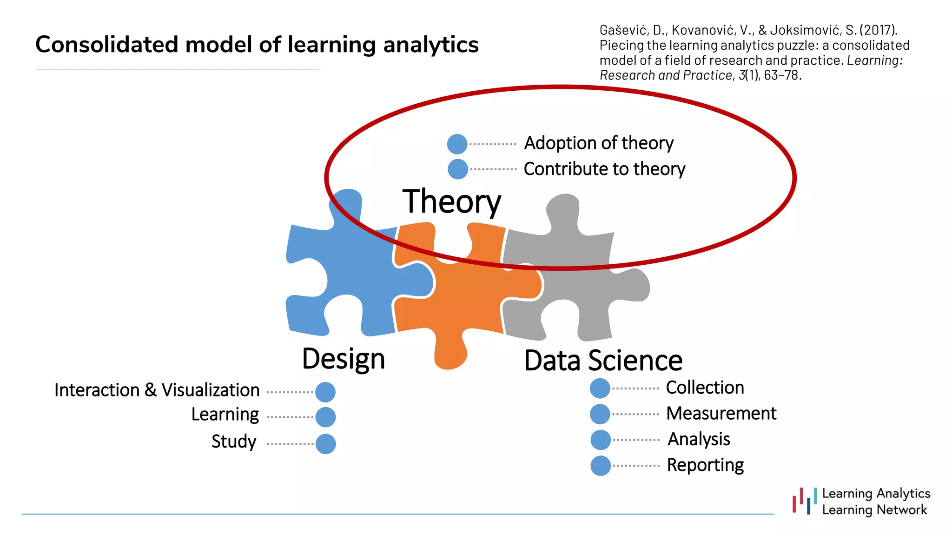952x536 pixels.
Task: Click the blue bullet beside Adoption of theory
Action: tap(457, 144)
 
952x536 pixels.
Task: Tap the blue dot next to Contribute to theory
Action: tap(457, 169)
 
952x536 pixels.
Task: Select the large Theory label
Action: tap(451, 201)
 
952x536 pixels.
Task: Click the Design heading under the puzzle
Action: tap(344, 359)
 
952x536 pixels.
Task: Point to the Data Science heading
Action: tap(603, 361)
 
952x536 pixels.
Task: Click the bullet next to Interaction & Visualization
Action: tap(325, 392)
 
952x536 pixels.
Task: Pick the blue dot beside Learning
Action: tap(325, 417)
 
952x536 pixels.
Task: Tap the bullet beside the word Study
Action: tap(325, 443)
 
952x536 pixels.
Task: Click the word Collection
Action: tap(705, 388)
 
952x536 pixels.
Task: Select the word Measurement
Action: tap(721, 413)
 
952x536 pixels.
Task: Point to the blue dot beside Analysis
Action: tap(601, 440)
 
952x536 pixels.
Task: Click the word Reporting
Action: tap(705, 465)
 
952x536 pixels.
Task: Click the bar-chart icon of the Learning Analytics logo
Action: tap(805, 502)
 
